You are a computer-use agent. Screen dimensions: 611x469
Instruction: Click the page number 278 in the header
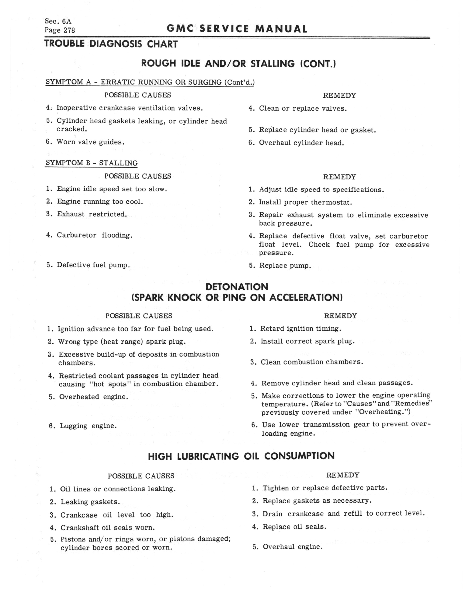(69, 30)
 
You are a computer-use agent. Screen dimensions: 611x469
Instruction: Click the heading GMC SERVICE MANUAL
(237, 29)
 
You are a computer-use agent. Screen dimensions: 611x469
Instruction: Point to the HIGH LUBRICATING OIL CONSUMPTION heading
(241, 456)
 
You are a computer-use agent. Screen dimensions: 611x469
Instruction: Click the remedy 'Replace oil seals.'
(294, 527)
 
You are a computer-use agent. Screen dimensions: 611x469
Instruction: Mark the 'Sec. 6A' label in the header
(58, 21)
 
